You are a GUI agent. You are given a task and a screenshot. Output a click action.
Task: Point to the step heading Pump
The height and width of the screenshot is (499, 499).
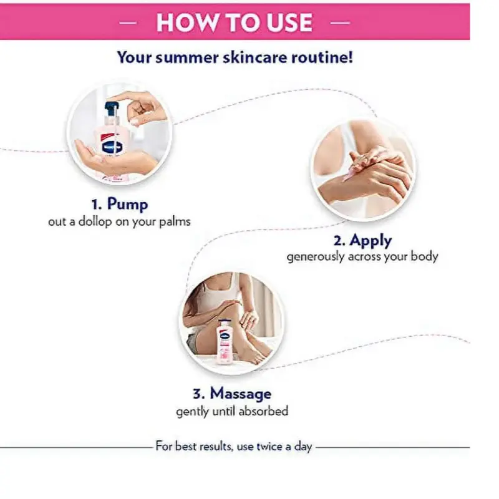click(x=127, y=205)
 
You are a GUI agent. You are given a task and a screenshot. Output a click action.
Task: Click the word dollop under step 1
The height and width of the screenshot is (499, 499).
click(x=95, y=221)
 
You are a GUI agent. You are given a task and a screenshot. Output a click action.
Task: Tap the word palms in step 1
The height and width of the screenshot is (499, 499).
click(x=175, y=221)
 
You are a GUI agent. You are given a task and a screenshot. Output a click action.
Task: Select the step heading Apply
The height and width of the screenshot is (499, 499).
click(x=371, y=241)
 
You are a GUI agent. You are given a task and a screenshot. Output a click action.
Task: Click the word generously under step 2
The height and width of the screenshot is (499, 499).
click(x=316, y=256)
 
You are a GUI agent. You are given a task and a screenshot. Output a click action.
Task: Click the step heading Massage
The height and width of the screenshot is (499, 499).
click(x=241, y=394)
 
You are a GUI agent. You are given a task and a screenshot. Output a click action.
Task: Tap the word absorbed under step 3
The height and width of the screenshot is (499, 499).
click(x=263, y=411)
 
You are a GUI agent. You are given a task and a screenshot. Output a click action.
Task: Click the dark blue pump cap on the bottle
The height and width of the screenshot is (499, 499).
click(x=111, y=109)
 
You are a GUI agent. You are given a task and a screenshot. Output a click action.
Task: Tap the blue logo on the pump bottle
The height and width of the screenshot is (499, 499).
click(x=112, y=147)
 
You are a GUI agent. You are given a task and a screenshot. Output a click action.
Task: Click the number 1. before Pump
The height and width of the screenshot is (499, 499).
click(x=97, y=205)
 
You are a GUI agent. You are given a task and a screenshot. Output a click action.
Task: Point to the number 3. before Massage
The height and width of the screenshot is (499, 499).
click(x=199, y=394)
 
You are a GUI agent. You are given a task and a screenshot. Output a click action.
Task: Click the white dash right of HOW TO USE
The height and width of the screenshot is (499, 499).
click(x=340, y=22)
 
